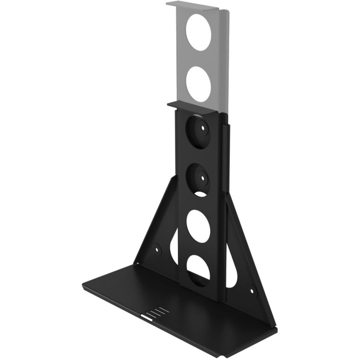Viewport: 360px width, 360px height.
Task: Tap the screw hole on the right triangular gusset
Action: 251,288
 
